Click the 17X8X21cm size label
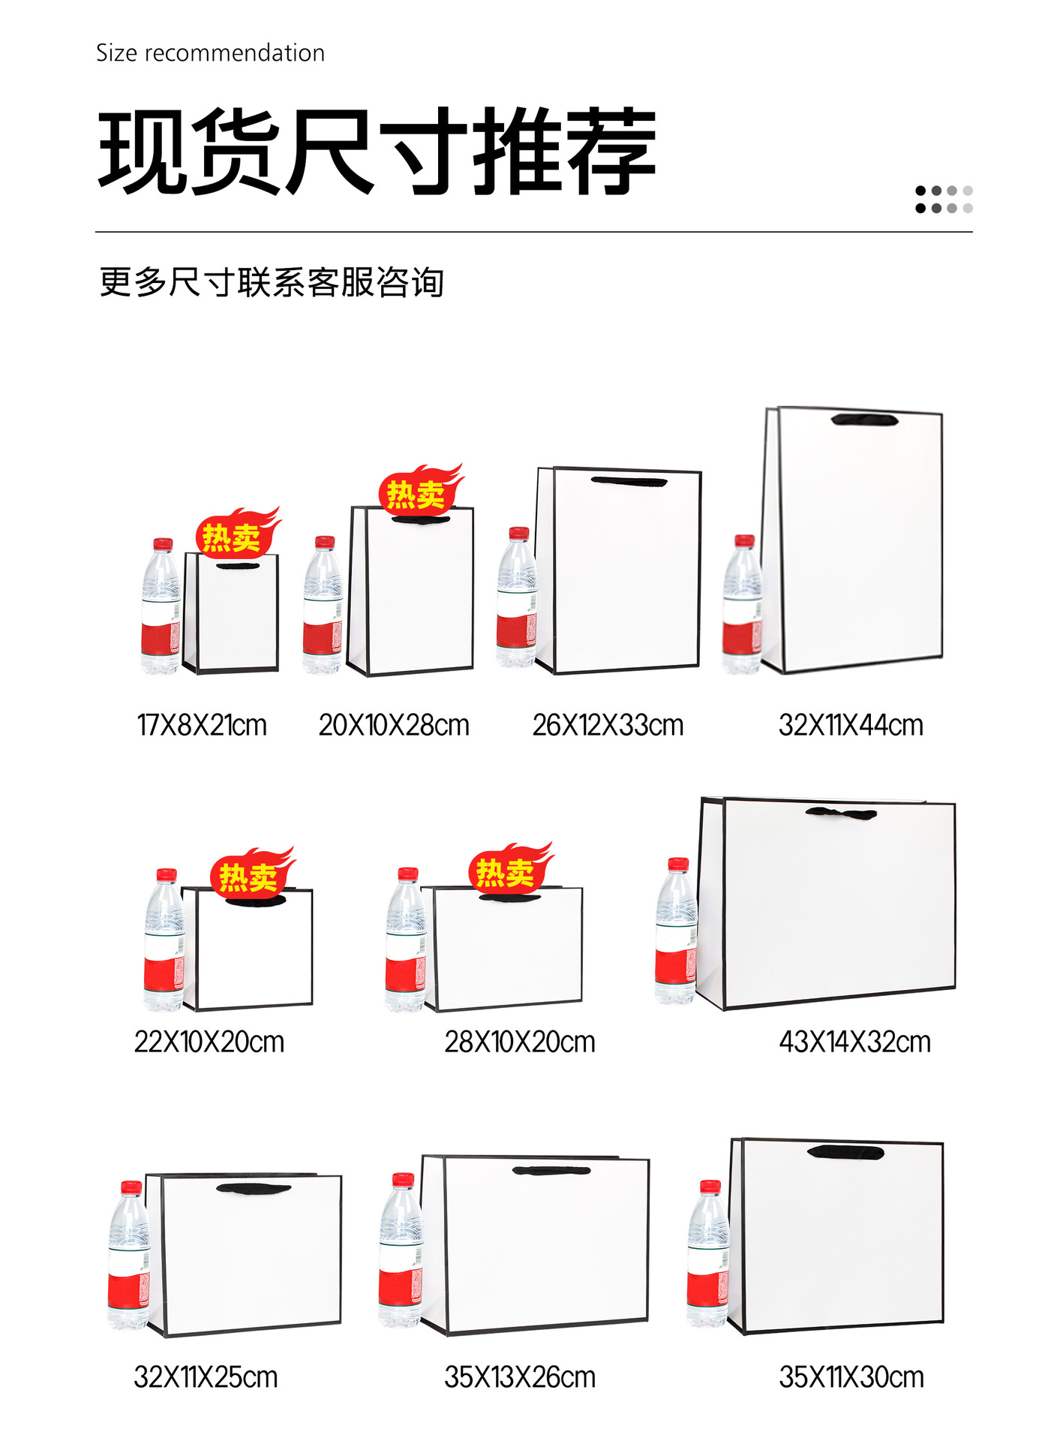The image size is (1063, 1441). point(202,726)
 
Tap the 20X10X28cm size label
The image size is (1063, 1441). point(394,726)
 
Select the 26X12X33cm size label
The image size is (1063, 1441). point(608,726)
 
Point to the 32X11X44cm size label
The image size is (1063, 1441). point(851,726)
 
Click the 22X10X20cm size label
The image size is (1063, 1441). point(209,1042)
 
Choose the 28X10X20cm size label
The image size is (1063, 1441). point(520,1042)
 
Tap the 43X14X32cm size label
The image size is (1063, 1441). point(854,1042)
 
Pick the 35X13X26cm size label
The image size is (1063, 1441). point(520,1377)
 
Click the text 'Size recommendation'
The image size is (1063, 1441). point(210,53)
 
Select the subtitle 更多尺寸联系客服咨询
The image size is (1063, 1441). point(272,283)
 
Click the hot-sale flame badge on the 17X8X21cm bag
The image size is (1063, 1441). point(236,533)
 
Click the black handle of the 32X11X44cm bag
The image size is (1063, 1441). point(864,420)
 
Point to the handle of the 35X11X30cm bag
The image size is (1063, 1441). point(845,1152)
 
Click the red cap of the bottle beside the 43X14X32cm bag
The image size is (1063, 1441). point(678,864)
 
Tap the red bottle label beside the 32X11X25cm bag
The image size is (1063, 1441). point(128,1289)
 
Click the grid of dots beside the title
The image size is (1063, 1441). point(944,200)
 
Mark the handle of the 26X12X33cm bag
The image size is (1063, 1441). point(629,482)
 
